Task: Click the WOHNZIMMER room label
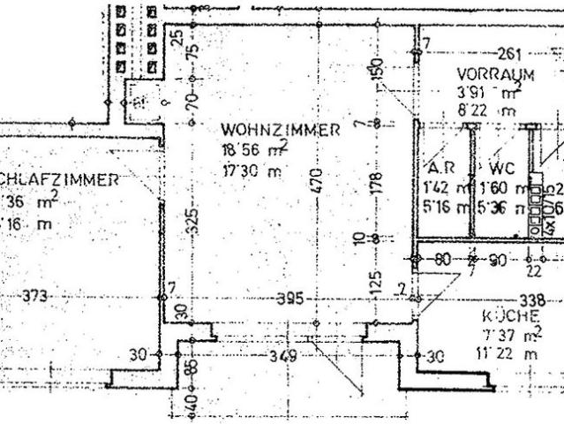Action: [280, 130]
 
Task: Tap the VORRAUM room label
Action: [495, 74]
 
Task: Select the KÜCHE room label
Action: [505, 315]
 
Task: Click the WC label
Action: [495, 169]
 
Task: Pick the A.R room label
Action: [440, 169]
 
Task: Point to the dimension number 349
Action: [282, 357]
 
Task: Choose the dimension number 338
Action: [530, 299]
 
